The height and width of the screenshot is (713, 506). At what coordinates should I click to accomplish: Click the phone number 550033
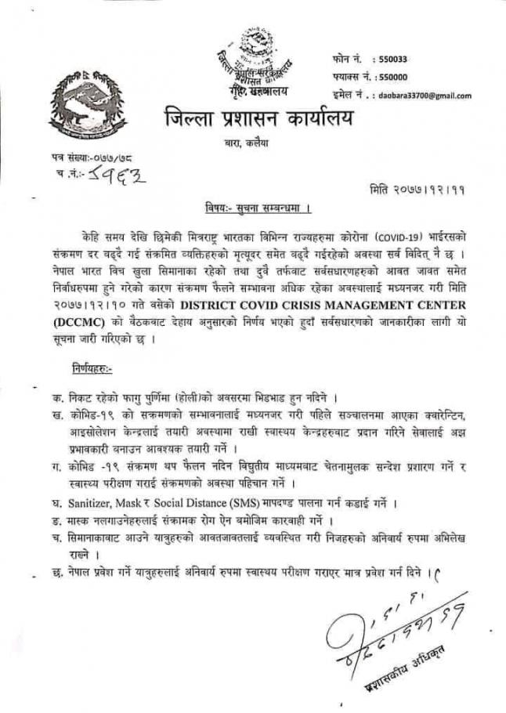pyautogui.click(x=392, y=59)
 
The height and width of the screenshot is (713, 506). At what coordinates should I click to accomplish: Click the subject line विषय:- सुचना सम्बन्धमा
pyautogui.click(x=252, y=208)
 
